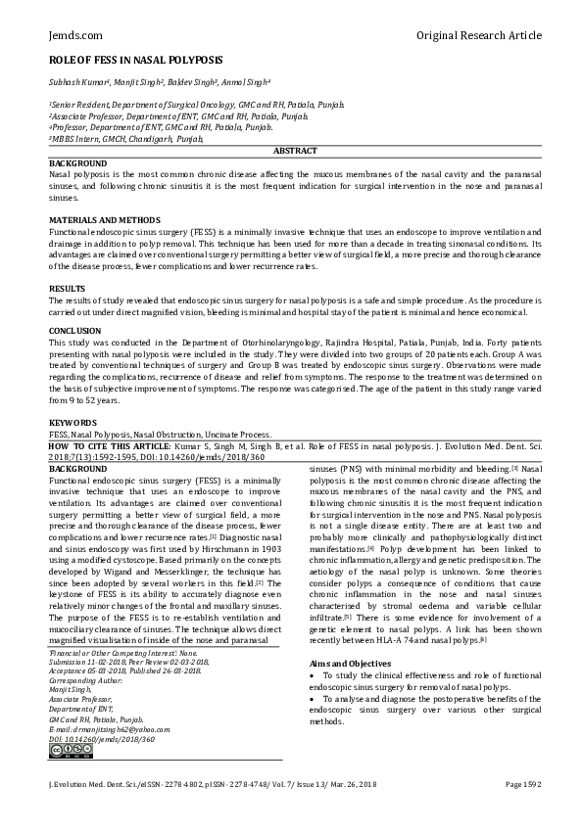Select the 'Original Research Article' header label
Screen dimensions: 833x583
tap(478, 35)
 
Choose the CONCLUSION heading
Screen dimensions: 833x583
tap(75, 331)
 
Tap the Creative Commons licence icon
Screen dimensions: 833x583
tap(65, 752)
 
